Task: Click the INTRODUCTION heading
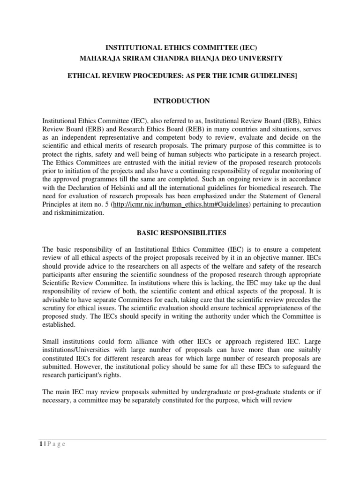tap(180, 101)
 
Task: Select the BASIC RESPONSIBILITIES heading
tap(180, 232)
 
